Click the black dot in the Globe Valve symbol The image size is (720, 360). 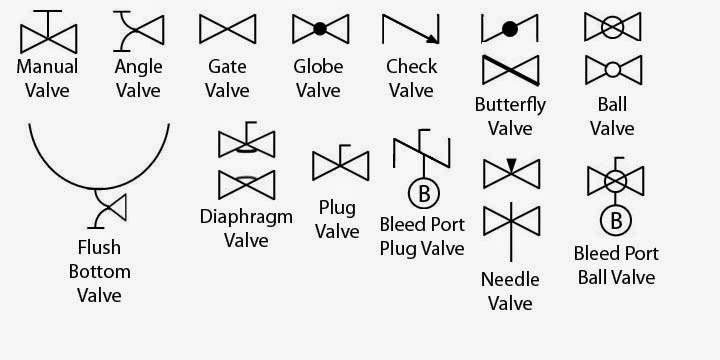tap(318, 29)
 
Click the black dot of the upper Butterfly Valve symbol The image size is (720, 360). tap(510, 29)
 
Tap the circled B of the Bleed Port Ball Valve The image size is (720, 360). tap(612, 219)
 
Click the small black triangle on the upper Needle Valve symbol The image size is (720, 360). tap(511, 164)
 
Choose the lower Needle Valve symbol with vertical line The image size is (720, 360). tap(511, 222)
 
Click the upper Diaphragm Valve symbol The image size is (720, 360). tap(245, 143)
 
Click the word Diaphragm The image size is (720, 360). tap(245, 216)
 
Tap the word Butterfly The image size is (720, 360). tap(510, 105)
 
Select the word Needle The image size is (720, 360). tap(510, 279)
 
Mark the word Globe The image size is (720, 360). tap(318, 67)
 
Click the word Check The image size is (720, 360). tap(411, 67)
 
